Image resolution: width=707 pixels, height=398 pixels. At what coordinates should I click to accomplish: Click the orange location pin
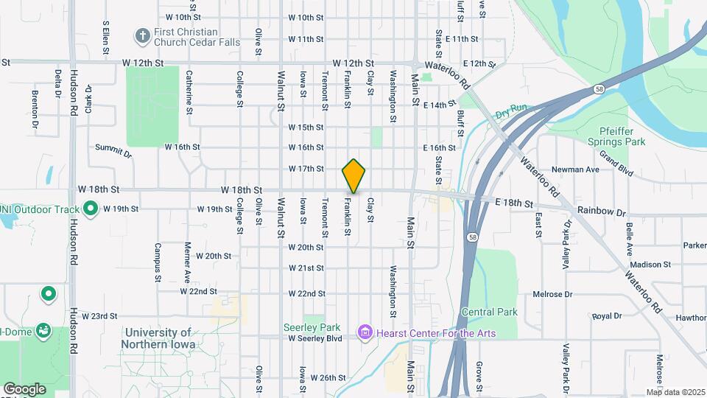point(354,175)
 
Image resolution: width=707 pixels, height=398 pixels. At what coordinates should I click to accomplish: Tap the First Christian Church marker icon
point(141,36)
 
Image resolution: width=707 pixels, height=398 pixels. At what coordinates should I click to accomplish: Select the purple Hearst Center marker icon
point(364,333)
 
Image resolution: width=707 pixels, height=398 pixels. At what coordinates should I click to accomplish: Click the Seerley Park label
point(312,327)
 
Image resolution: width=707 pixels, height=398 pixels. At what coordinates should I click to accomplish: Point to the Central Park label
point(490,312)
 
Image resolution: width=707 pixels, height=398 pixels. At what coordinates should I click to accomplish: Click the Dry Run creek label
point(512,111)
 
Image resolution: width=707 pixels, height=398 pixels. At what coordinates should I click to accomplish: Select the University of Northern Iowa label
point(159,339)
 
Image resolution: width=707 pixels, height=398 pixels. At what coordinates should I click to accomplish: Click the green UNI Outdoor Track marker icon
point(91,209)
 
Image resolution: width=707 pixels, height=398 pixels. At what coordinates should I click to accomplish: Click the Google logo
point(24,389)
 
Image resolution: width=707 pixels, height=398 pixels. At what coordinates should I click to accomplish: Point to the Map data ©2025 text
point(675,392)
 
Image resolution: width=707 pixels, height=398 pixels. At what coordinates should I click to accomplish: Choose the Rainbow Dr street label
point(602,210)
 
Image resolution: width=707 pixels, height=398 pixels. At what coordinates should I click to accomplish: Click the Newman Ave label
point(581,170)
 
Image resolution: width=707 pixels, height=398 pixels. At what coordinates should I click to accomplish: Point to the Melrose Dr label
point(553,293)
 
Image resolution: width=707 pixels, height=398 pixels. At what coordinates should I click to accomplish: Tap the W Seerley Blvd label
point(315,338)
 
